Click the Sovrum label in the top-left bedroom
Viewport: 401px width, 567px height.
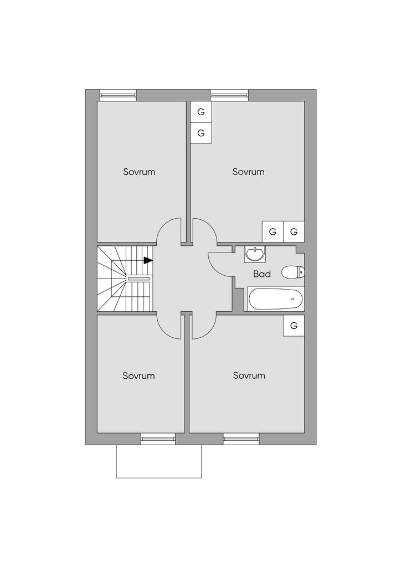(x=139, y=172)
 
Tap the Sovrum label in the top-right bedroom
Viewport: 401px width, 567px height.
(x=248, y=172)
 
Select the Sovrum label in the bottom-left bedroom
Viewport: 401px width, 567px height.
(x=139, y=376)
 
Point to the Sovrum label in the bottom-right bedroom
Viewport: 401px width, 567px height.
(x=249, y=375)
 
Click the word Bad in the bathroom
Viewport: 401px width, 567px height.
(x=262, y=274)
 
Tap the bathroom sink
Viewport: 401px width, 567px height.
(x=255, y=254)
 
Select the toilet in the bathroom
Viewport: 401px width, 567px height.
(x=292, y=272)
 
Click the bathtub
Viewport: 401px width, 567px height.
(x=275, y=299)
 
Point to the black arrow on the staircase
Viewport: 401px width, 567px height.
(x=148, y=260)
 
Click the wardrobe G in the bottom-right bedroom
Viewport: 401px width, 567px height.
(x=294, y=326)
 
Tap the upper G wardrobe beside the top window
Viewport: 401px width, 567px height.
(x=201, y=112)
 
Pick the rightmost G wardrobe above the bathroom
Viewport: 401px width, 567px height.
(x=294, y=231)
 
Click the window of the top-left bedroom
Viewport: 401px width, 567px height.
(x=118, y=95)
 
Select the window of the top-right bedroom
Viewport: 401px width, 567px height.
(x=229, y=95)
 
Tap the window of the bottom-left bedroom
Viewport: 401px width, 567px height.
(x=158, y=440)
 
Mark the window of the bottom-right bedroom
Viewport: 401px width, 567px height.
(x=241, y=440)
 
